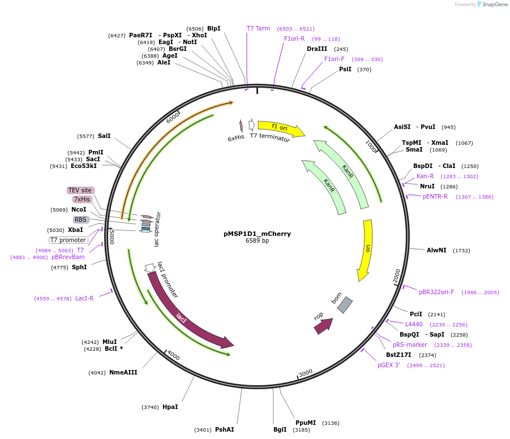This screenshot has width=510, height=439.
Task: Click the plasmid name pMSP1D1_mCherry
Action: (x=257, y=234)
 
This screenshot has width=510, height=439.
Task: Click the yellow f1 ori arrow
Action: (x=280, y=128)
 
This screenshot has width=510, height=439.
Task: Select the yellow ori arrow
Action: (x=366, y=249)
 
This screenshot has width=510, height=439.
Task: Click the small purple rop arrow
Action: (x=323, y=325)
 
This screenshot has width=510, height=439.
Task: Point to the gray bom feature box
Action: (x=344, y=305)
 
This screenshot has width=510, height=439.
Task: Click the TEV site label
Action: (x=80, y=190)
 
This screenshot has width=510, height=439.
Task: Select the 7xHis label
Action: (x=82, y=199)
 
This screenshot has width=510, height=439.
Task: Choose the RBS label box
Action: (x=81, y=219)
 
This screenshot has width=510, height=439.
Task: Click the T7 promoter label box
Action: (x=68, y=240)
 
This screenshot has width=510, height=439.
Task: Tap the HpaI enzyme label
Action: (x=170, y=407)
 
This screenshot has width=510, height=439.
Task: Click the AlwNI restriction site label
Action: (x=436, y=250)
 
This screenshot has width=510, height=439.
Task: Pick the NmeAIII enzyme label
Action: (x=123, y=372)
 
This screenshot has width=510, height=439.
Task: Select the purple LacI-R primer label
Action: (x=84, y=298)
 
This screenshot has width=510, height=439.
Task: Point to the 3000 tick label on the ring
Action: (x=306, y=373)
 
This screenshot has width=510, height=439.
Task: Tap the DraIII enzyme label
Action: (x=317, y=49)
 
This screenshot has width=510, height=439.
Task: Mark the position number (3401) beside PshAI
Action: (x=203, y=429)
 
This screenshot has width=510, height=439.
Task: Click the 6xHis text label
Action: (x=235, y=138)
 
